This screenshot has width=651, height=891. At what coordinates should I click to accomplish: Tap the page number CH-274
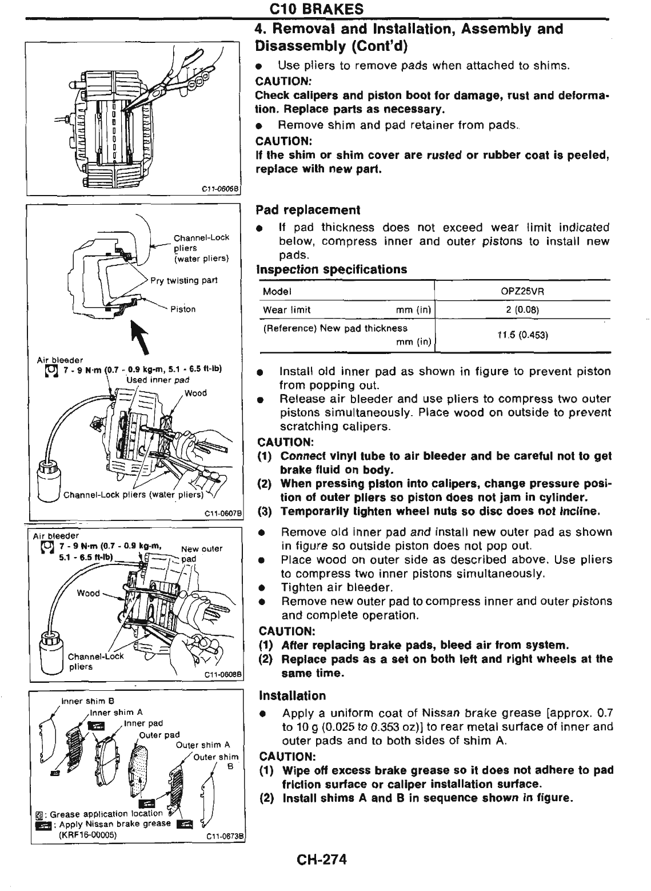[322, 860]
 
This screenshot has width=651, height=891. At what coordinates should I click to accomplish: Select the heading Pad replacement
[307, 210]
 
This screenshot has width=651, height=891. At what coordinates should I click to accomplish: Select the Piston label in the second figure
[183, 309]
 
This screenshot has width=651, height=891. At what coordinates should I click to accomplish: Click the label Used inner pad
[157, 379]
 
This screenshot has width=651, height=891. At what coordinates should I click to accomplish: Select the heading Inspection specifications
[332, 269]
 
